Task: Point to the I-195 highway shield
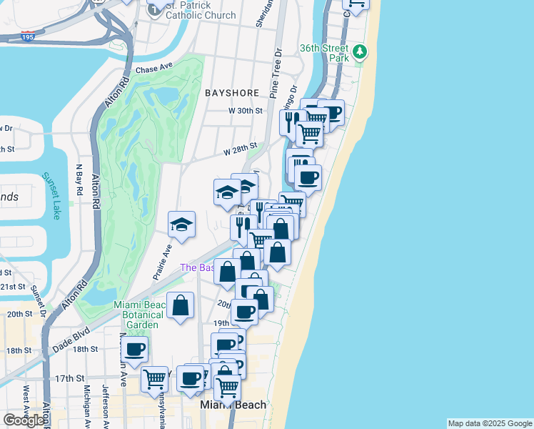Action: point(28,36)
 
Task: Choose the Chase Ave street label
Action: point(155,69)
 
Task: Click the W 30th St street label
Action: point(246,111)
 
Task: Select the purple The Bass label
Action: point(197,267)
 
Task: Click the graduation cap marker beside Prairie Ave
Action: point(181,225)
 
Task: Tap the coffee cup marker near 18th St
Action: point(134,349)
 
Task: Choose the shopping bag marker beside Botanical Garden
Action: point(181,305)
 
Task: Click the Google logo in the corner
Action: point(24,420)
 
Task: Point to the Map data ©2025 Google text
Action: point(490,423)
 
